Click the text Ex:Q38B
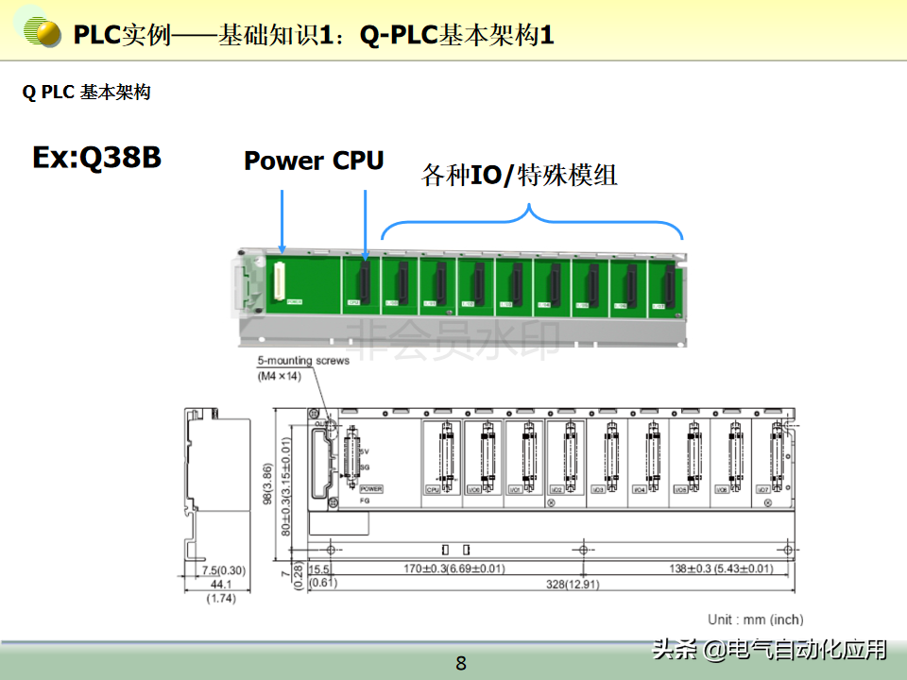96,157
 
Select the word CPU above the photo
357,161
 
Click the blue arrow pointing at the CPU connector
365,223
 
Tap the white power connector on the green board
280,282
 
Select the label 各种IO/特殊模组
519,175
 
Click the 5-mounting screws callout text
303,360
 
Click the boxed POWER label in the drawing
370,489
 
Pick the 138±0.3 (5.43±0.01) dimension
708,569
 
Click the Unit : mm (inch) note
756,620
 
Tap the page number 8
461,663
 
